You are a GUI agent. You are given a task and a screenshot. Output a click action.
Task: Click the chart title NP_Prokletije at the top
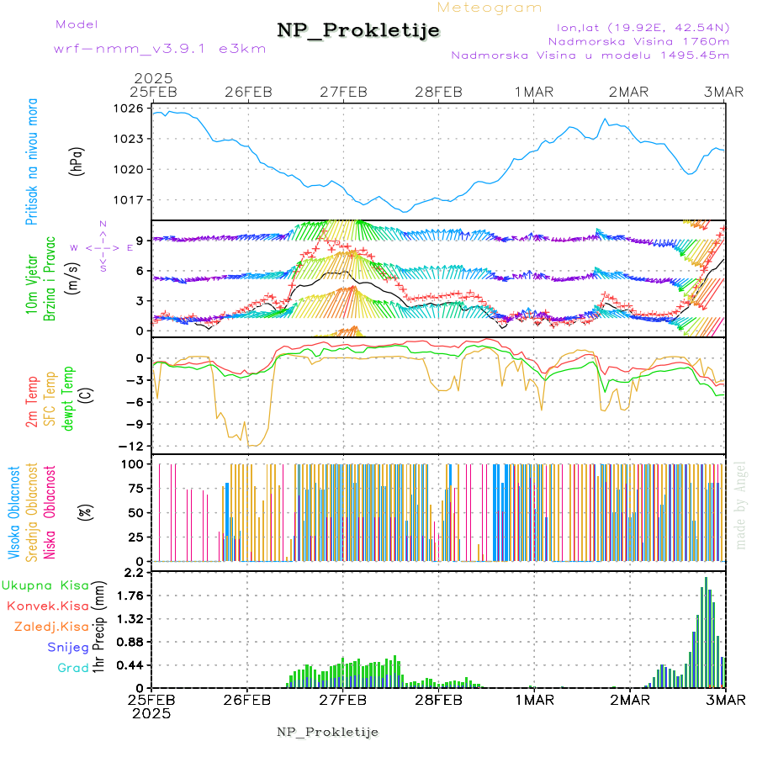358,31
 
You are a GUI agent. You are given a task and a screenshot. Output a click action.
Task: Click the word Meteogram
490,8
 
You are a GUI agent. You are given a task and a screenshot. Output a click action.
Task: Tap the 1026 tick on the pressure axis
130,109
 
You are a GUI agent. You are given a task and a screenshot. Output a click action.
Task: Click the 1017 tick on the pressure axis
130,200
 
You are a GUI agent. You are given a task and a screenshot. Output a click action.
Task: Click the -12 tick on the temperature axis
133,446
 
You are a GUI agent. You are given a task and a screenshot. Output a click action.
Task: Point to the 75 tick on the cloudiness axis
135,488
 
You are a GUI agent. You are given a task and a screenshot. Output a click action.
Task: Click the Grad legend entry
73,668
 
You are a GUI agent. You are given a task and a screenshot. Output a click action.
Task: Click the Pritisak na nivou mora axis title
33,164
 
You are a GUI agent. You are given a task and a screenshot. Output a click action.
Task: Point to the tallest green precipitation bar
706,631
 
